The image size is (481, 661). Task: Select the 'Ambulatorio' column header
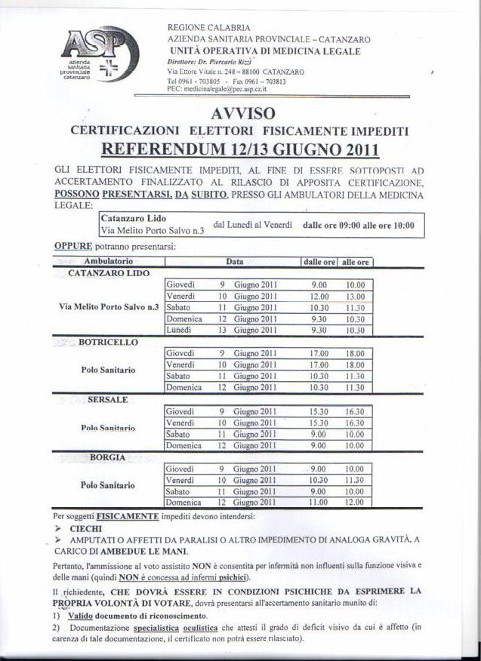click(x=109, y=262)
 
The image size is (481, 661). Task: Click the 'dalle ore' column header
click(x=319, y=262)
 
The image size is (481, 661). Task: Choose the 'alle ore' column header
click(x=355, y=262)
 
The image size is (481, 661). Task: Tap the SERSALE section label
click(x=109, y=399)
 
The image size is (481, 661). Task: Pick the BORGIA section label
click(x=108, y=457)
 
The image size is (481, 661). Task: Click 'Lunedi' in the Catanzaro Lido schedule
click(x=179, y=330)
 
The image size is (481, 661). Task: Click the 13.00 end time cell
click(x=355, y=297)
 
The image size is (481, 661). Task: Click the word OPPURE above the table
click(x=73, y=246)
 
